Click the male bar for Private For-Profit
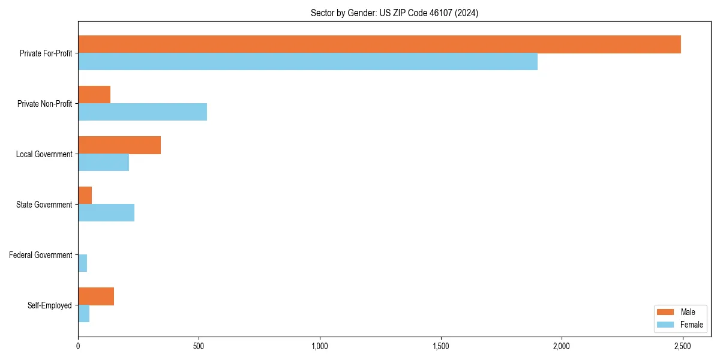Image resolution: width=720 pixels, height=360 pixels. pos(379,44)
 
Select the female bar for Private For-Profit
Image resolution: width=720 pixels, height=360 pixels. pos(308,62)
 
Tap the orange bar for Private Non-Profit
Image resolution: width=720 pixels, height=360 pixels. pos(94,95)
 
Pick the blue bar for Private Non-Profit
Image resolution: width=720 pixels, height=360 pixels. pos(142,112)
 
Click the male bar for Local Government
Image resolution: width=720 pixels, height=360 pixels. pos(119,145)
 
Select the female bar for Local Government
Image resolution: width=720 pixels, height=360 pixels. pos(103,163)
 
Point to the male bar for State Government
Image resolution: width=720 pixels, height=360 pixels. pos(85,196)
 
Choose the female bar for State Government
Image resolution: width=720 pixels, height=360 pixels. pos(106,213)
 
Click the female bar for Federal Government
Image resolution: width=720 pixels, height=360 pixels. pos(82,263)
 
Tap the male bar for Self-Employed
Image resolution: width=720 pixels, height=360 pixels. pos(96,296)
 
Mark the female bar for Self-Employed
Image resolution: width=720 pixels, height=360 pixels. pos(83,314)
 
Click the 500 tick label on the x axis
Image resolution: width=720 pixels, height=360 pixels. pos(199,347)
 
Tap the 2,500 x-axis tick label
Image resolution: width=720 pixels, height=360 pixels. pos(682,347)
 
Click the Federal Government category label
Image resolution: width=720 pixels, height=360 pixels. pos(41,255)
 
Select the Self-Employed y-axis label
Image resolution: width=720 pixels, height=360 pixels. pos(50,305)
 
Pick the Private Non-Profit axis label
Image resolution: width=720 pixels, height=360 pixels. pos(46,104)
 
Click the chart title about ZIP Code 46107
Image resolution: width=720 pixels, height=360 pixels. pos(394,13)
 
